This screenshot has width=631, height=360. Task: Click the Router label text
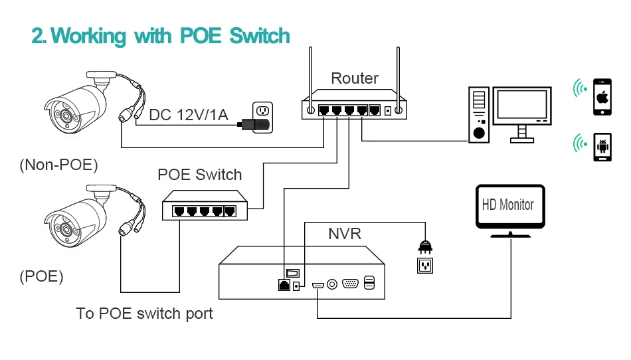pyautogui.click(x=355, y=78)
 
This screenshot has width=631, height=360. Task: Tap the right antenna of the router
pyautogui.click(x=398, y=73)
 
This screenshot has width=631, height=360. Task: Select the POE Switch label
pyautogui.click(x=199, y=175)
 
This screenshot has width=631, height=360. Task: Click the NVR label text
pyautogui.click(x=345, y=234)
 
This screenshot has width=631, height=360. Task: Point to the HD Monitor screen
pyautogui.click(x=507, y=205)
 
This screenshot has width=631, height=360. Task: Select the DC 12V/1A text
pyautogui.click(x=189, y=115)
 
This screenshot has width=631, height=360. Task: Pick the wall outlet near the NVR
pyautogui.click(x=424, y=265)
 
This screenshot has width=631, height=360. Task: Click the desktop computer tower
pyautogui.click(x=478, y=114)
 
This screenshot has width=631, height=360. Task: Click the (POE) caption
pyautogui.click(x=42, y=277)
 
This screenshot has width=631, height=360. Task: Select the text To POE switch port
pyautogui.click(x=144, y=313)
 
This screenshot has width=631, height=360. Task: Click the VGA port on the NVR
pyautogui.click(x=351, y=284)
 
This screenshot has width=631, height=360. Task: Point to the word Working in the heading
pyautogui.click(x=90, y=36)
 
